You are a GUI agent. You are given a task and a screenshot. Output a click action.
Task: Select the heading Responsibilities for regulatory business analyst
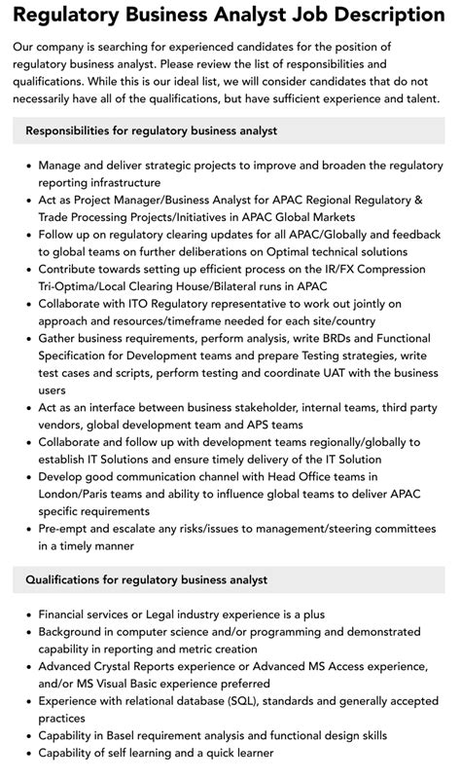[152, 130]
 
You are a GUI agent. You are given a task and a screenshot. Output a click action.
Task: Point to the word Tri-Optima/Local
[94, 285]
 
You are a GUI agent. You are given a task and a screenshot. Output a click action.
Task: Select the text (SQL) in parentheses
[257, 700]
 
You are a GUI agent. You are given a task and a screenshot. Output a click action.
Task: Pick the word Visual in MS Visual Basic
[120, 684]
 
